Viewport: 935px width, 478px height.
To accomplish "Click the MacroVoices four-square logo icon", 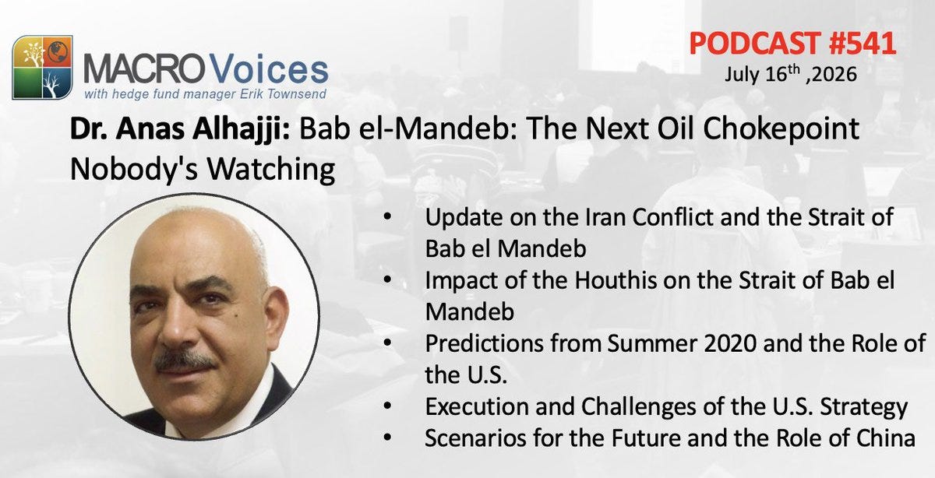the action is (x=43, y=67).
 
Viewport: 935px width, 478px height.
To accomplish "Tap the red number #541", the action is (x=862, y=44).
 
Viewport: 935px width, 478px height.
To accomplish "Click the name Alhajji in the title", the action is (x=241, y=129).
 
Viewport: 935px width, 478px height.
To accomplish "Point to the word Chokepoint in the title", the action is (x=781, y=129).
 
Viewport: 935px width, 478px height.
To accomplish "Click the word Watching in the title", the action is (x=271, y=169).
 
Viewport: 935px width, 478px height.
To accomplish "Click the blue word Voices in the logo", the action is (x=268, y=69).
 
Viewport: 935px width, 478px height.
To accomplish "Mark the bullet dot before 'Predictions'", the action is (x=387, y=343).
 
